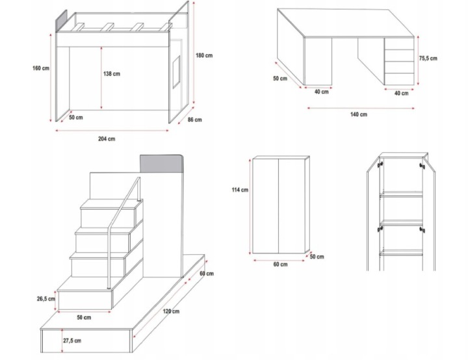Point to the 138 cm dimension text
[x=111, y=73]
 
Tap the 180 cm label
[x=204, y=55]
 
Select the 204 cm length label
[x=107, y=138]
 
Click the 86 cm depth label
[x=195, y=120]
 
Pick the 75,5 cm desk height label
[x=428, y=58]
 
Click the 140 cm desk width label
[x=358, y=114]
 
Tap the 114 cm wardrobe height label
[x=240, y=190]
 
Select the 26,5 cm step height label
[x=45, y=299]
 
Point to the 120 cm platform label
[x=171, y=312]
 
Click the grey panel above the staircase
[x=162, y=162]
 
